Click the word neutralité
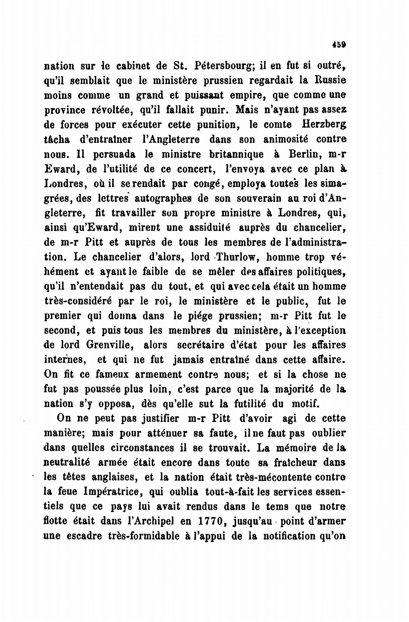67,463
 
